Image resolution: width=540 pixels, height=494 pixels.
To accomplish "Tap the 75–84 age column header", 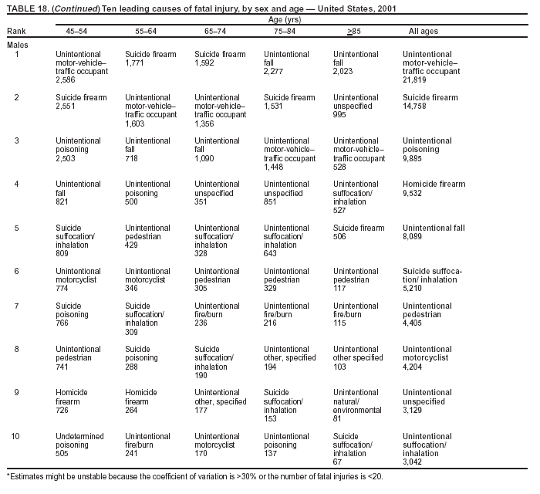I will point(275,32).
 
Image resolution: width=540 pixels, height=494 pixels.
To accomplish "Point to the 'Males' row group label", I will point(18,45).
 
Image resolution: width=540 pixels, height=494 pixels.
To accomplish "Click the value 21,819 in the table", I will point(416,80).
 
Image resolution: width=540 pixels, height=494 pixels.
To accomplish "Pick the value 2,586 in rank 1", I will point(66,80).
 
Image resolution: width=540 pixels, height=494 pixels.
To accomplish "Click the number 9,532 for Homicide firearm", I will point(413,193).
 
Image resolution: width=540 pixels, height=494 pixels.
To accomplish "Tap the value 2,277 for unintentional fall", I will point(275,72).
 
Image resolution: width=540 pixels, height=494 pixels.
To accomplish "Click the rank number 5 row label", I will point(17,228).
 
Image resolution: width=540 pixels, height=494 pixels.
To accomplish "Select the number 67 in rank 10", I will point(338,462).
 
